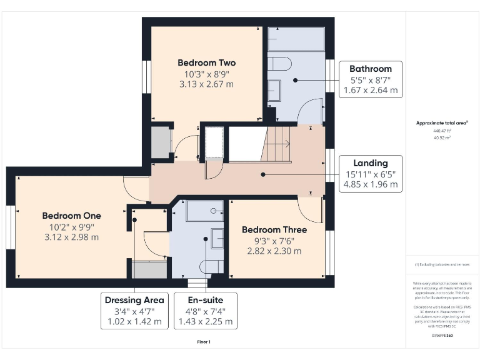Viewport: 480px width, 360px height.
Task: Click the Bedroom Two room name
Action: (x=206, y=62)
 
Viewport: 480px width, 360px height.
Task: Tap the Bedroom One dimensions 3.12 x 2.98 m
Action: (x=72, y=237)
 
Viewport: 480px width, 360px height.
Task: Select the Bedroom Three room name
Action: (x=276, y=229)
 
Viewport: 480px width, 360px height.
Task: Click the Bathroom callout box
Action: (x=371, y=79)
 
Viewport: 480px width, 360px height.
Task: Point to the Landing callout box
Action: (x=371, y=174)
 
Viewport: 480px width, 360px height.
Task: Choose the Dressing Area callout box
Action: (x=135, y=311)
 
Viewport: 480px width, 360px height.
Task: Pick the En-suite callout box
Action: (x=206, y=311)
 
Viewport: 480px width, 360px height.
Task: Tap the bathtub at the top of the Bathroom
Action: (x=296, y=39)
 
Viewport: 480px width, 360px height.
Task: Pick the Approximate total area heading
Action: (x=441, y=123)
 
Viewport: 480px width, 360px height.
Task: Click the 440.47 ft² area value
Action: (x=441, y=131)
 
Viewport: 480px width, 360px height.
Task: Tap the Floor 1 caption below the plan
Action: (x=204, y=342)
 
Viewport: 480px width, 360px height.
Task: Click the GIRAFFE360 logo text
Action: (x=441, y=336)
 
